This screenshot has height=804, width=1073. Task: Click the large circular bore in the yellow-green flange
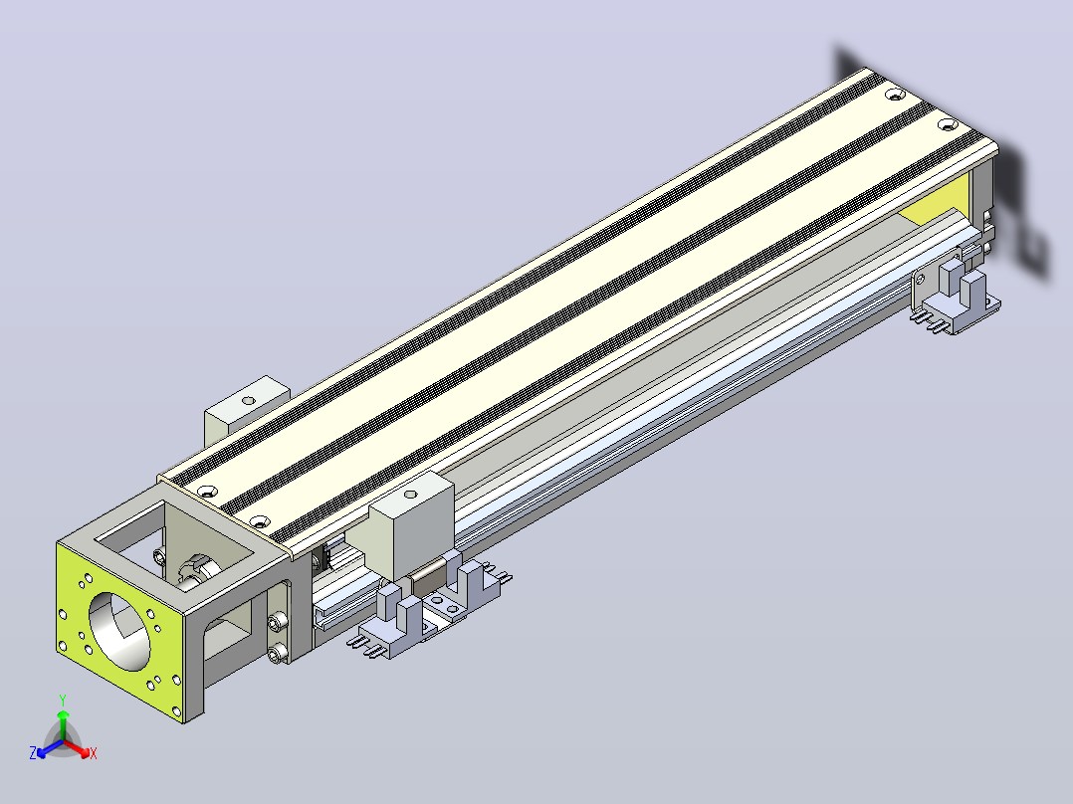pos(119,631)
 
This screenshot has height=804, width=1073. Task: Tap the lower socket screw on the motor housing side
pos(276,655)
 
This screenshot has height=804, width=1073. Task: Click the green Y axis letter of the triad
pos(63,700)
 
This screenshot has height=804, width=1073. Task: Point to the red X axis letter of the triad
pos(94,753)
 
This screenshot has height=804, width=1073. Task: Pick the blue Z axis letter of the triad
pos(32,753)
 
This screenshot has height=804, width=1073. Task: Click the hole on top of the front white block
pos(410,494)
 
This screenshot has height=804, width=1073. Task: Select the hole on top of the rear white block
pos(249,400)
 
